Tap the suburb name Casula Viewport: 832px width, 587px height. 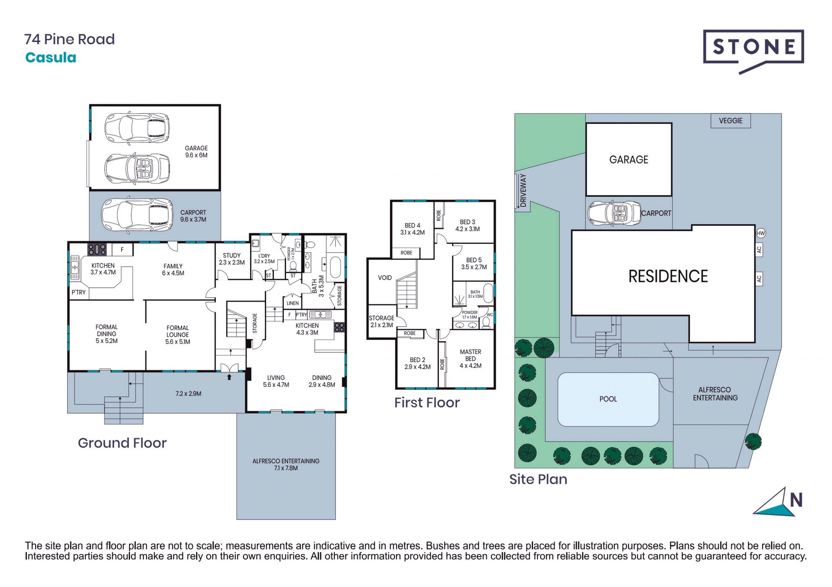(51, 58)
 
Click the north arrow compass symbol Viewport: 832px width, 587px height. (778, 502)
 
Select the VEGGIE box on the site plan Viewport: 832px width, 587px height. (731, 121)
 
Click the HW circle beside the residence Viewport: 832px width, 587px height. (761, 233)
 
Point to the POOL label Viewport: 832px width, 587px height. (608, 399)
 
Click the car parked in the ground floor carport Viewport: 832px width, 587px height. (137, 216)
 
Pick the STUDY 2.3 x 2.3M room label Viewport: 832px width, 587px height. (232, 259)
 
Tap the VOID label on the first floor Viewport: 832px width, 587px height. (385, 278)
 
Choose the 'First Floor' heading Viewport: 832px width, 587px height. (427, 403)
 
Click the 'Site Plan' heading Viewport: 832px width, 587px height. (538, 479)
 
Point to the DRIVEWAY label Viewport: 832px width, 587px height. (523, 190)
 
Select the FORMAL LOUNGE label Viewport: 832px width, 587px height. (178, 335)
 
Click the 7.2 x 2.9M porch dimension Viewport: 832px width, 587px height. (188, 393)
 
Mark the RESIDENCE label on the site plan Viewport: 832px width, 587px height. (668, 276)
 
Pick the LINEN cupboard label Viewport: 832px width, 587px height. (292, 303)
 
